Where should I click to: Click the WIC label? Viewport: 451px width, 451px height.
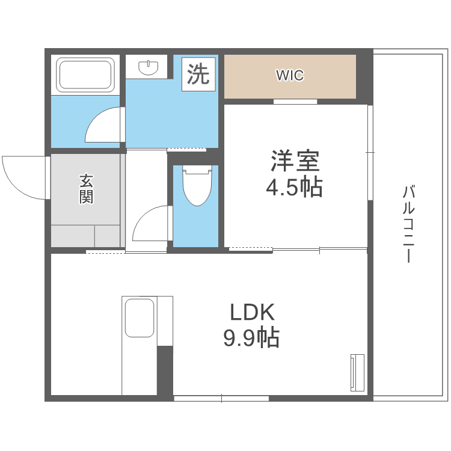(290, 75)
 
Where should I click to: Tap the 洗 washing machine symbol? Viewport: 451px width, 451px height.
(198, 74)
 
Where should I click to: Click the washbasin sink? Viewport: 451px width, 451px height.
(149, 67)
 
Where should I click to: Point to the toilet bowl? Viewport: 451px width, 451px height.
(197, 189)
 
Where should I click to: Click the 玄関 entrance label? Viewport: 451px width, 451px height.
(86, 189)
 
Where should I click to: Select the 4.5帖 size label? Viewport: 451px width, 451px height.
(294, 187)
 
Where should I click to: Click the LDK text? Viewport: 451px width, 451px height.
(252, 312)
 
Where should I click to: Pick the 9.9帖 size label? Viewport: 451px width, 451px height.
(251, 337)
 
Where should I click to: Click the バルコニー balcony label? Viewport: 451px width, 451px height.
(409, 224)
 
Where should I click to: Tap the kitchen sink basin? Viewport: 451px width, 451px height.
(140, 318)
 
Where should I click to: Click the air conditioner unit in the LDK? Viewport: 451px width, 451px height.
(358, 373)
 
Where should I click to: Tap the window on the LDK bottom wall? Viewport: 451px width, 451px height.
(221, 399)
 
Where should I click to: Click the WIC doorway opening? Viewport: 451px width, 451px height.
(295, 102)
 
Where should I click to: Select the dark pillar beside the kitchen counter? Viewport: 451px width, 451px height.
(165, 370)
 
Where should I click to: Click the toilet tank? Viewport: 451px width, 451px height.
(197, 170)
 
